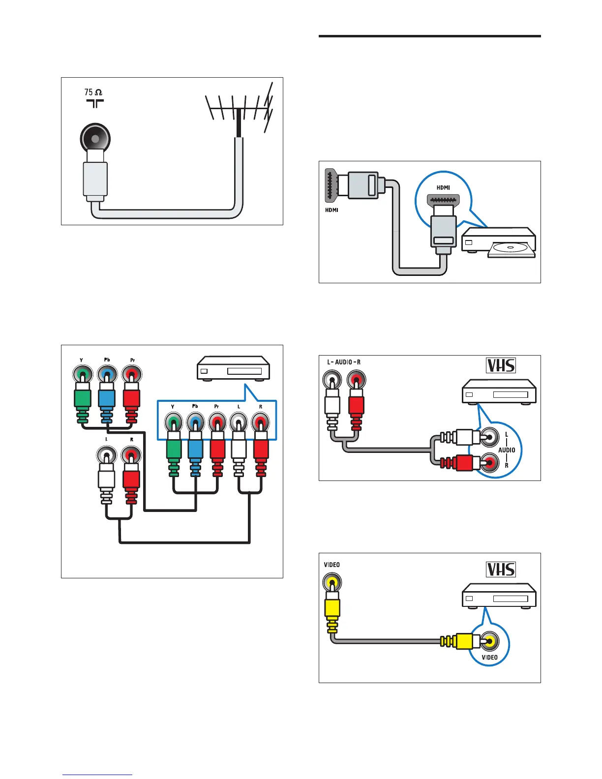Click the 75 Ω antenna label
click(x=93, y=92)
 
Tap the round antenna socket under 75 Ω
click(x=95, y=138)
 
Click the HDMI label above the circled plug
click(x=443, y=187)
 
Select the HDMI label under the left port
click(x=331, y=210)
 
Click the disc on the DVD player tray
click(x=510, y=248)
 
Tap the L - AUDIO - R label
click(x=344, y=362)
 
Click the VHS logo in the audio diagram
click(x=501, y=365)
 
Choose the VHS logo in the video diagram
click(x=501, y=569)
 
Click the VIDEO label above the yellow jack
click(x=332, y=565)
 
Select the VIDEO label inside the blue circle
click(x=489, y=657)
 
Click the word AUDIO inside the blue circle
click(x=507, y=449)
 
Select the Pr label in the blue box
click(x=216, y=407)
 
